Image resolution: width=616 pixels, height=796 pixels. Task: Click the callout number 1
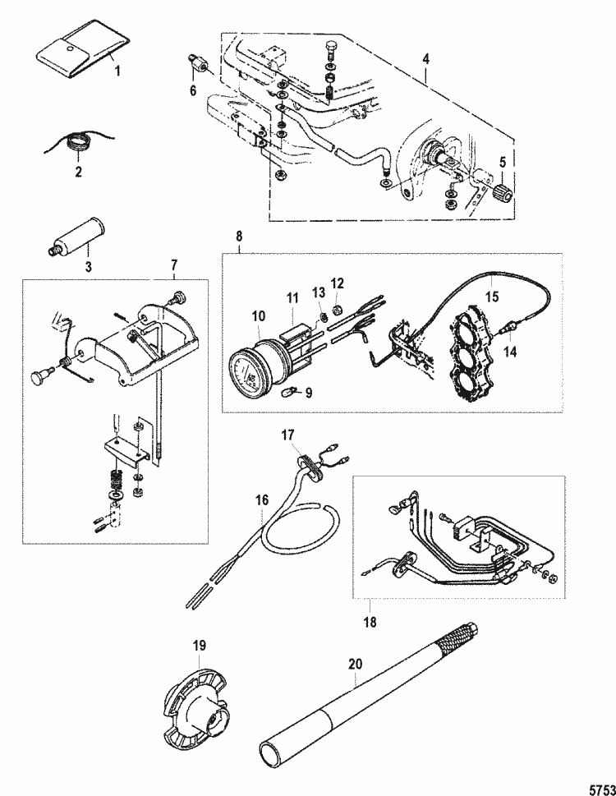point(117,71)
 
